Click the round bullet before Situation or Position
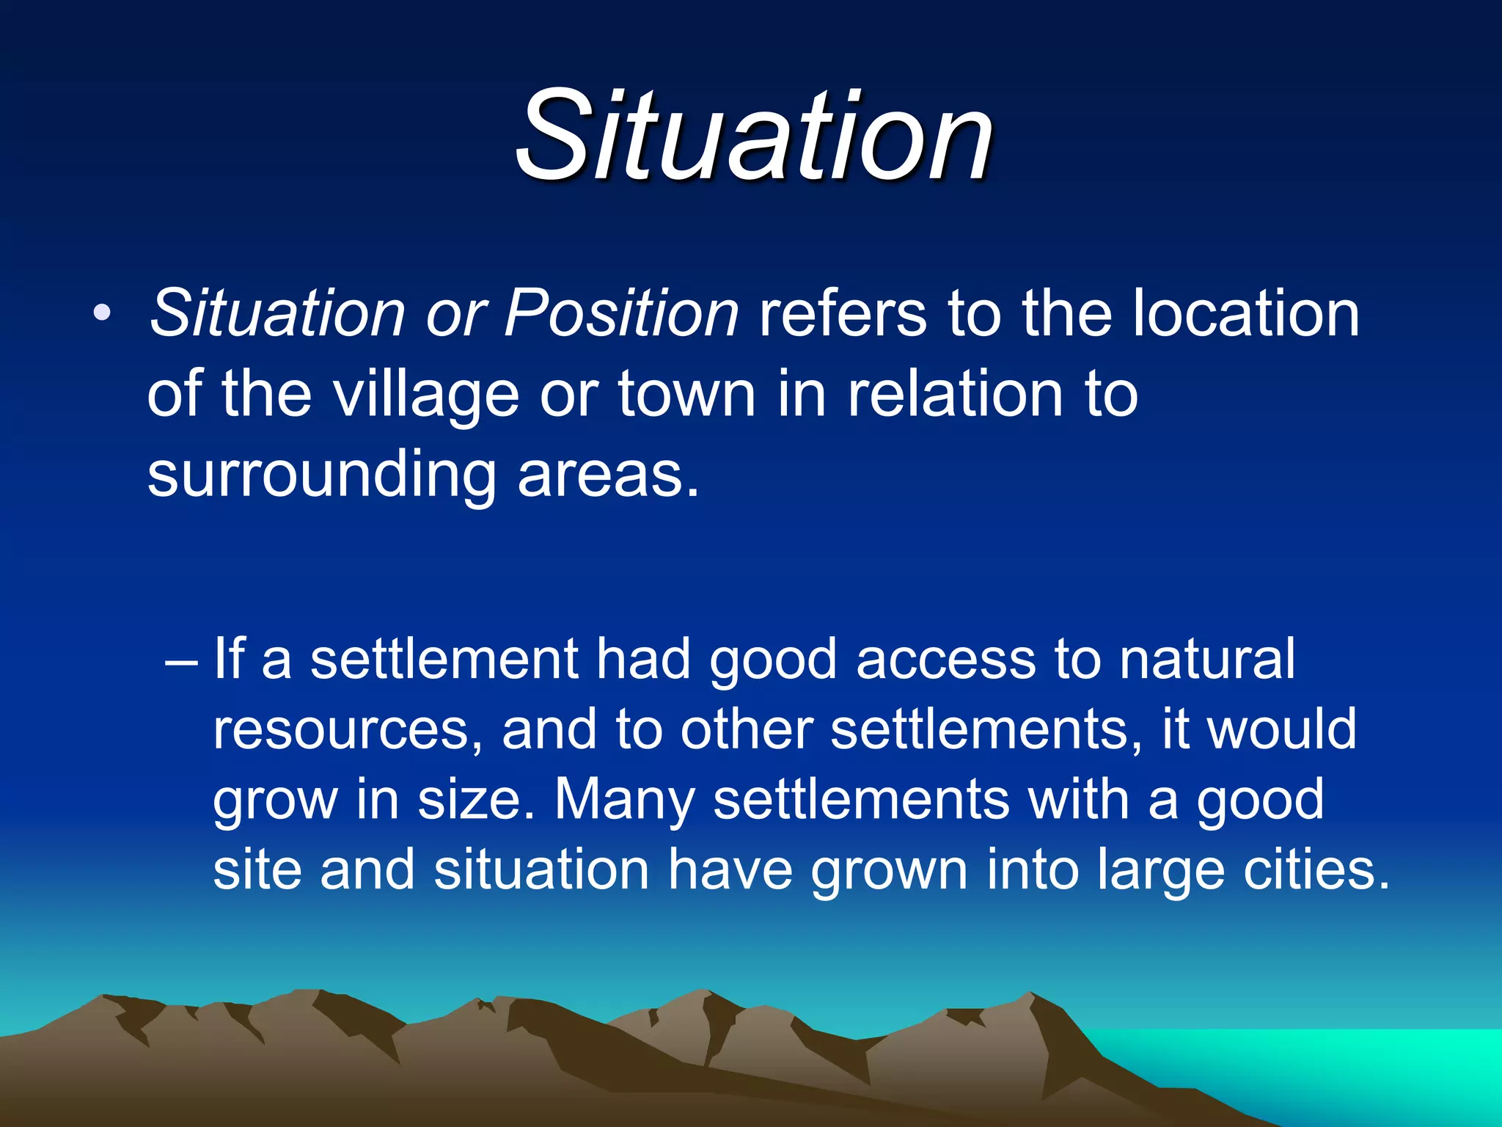(102, 314)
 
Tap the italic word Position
(621, 314)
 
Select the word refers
(843, 314)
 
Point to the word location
(1245, 314)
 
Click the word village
(426, 395)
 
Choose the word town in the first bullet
(686, 395)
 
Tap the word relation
(956, 395)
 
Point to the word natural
(1206, 659)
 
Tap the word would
(1282, 729)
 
